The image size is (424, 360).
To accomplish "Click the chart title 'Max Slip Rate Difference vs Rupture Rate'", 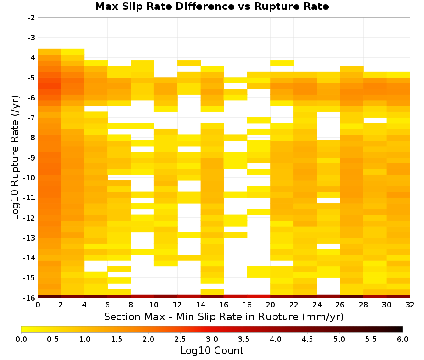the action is point(212,6).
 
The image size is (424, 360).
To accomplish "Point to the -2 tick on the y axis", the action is point(32,18).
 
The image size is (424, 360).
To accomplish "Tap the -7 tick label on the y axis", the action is point(32,118).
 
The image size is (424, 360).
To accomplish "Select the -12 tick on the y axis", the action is point(30,218).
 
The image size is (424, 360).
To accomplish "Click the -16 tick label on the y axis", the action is point(30,298).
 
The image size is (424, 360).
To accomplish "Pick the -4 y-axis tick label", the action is point(32,58).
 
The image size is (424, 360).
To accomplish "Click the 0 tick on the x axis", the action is point(38,305).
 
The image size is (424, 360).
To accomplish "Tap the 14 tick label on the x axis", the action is point(201,305).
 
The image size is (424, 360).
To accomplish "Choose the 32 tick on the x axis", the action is point(410,305).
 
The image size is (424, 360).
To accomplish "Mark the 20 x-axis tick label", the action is point(271,305).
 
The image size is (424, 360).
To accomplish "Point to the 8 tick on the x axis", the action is point(131,305).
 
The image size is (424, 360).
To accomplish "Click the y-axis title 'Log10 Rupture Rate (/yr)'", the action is point(15,158).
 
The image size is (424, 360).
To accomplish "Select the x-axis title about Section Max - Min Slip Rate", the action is point(224,317).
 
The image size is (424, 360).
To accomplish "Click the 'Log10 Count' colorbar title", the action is point(212,351).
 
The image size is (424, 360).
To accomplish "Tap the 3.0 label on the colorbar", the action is point(212,339).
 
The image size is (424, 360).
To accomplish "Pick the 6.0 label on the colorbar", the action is point(403,339).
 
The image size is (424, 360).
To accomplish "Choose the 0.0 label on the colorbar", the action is point(21,339).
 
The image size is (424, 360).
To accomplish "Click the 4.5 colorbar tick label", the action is point(307,339).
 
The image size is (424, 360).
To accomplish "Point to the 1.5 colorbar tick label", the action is point(117,339).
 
